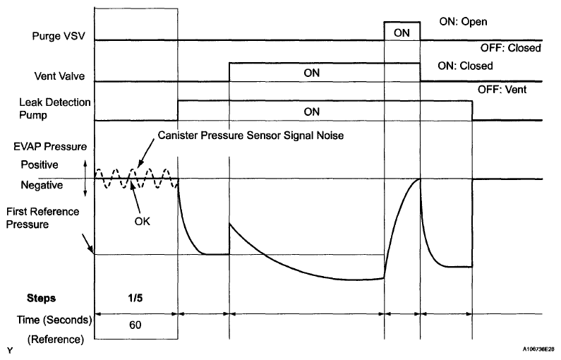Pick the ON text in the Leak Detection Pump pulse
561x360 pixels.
pyautogui.click(x=311, y=111)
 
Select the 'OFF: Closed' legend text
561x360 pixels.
pyautogui.click(x=512, y=49)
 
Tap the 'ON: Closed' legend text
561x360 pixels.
pyautogui.click(x=465, y=66)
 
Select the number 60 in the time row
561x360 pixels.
pyautogui.click(x=136, y=326)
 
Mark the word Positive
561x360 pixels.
pyautogui.click(x=42, y=165)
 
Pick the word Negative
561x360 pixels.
pyautogui.click(x=42, y=185)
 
